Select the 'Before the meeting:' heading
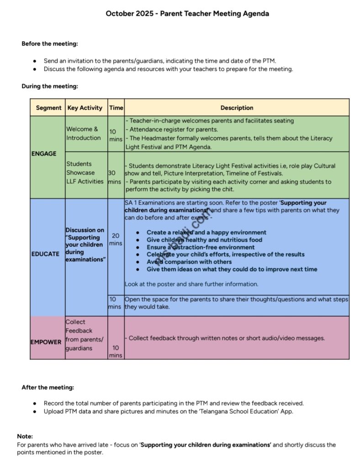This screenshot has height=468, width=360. click(50, 44)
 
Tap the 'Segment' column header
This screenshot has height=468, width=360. click(48, 108)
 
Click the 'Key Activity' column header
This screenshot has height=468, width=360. click(85, 108)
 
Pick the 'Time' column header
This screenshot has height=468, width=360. click(116, 108)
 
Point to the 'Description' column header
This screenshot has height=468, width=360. click(237, 108)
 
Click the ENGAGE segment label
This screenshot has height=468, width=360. click(44, 154)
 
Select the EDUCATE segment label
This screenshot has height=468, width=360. click(45, 254)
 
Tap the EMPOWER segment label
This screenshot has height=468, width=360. click(46, 342)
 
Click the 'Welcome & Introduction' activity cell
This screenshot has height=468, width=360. click(84, 133)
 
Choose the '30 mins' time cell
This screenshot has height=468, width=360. click(116, 177)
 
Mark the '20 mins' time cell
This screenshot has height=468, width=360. click(116, 239)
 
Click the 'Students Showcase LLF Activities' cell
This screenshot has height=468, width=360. click(85, 173)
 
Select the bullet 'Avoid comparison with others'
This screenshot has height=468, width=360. click(189, 262)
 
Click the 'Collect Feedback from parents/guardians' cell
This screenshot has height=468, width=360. click(85, 335)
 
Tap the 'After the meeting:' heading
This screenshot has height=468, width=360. click(48, 388)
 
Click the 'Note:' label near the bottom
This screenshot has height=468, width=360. click(25, 436)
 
